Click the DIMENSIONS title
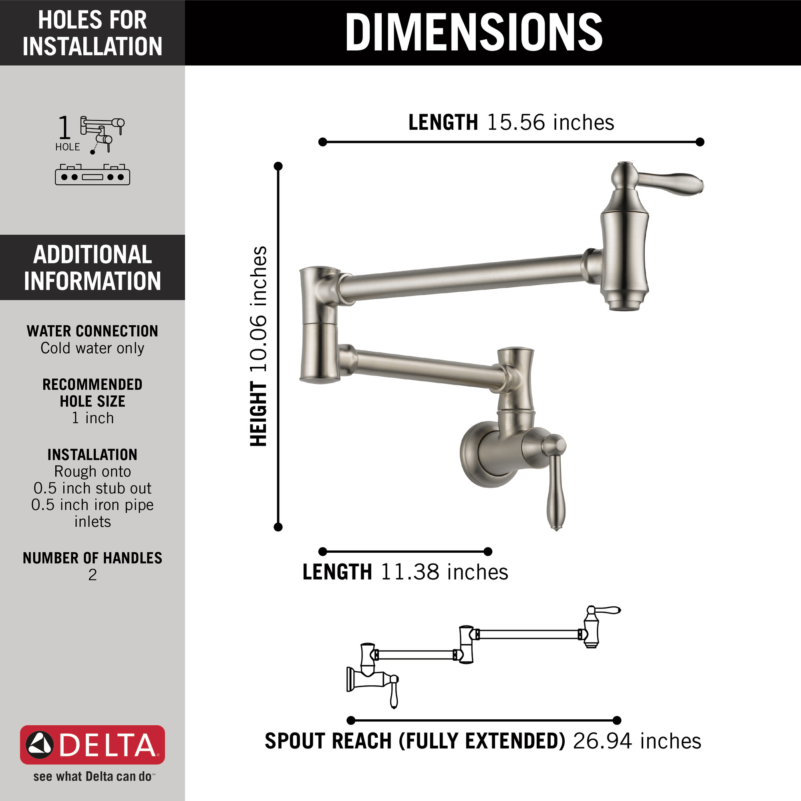[474, 32]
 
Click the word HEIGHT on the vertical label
[258, 414]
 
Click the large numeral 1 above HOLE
[64, 128]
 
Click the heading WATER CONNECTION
[93, 331]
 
